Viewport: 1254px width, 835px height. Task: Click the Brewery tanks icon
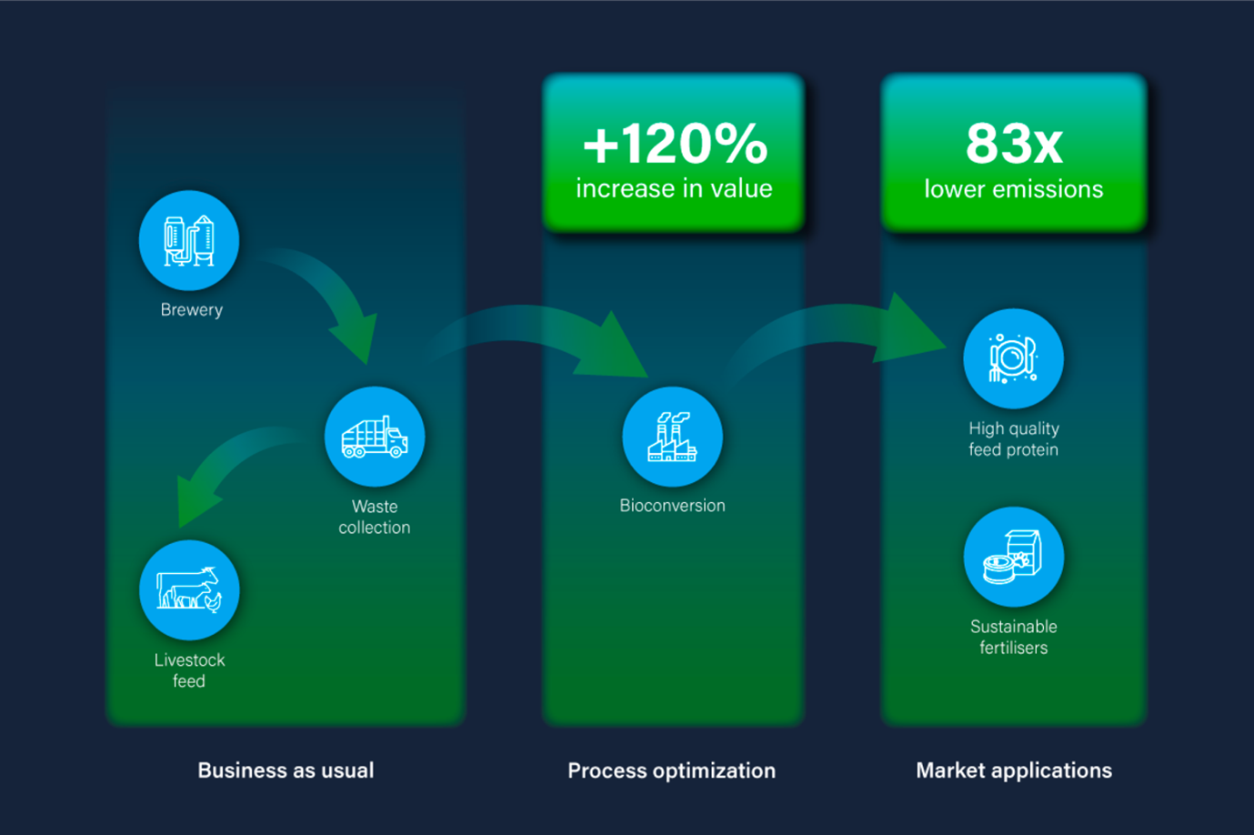(189, 241)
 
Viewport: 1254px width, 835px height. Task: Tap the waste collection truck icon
(375, 437)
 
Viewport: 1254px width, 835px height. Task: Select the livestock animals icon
(189, 590)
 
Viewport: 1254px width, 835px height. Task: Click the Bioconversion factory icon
(672, 437)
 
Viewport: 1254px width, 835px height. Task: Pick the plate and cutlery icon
(1013, 359)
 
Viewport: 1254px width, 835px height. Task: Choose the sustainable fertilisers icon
(1013, 558)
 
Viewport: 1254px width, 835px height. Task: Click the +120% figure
(675, 144)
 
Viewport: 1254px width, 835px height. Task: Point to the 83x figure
(1014, 144)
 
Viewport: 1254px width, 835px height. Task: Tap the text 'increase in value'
(674, 188)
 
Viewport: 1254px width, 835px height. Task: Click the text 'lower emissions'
(1014, 188)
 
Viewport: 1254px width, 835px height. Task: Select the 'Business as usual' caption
(286, 770)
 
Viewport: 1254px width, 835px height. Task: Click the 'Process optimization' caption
(672, 770)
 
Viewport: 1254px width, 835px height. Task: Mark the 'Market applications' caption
(1014, 770)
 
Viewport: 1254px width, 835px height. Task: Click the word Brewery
(192, 309)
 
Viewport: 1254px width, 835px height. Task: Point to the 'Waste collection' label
(375, 517)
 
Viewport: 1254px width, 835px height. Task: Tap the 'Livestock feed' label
(189, 670)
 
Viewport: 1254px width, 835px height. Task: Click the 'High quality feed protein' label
(1014, 439)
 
